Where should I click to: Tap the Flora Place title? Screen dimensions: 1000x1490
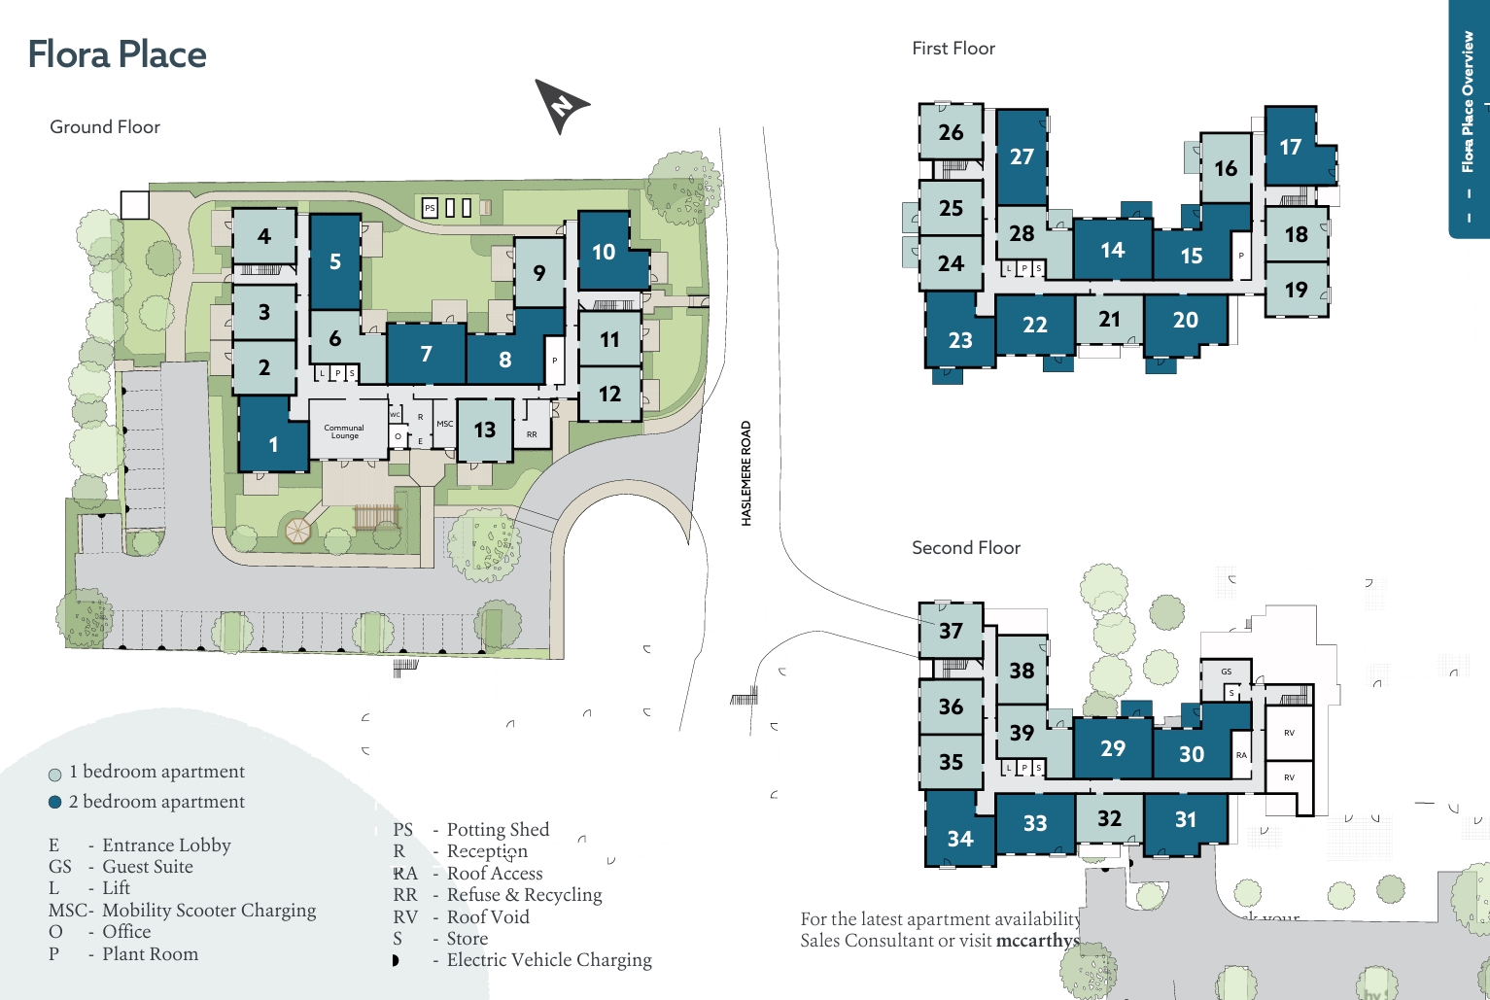pyautogui.click(x=117, y=54)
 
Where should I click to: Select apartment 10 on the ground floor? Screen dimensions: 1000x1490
pyautogui.click(x=604, y=252)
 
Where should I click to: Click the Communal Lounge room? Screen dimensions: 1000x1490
pyautogui.click(x=344, y=431)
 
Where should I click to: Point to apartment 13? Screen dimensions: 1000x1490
pyautogui.click(x=484, y=430)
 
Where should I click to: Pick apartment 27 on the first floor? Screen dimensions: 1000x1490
pyautogui.click(x=1022, y=156)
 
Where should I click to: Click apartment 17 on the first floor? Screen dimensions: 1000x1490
pyautogui.click(x=1290, y=147)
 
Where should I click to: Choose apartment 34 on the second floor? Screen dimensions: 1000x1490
pyautogui.click(x=959, y=838)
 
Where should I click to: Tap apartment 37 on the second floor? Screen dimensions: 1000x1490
pyautogui.click(x=951, y=631)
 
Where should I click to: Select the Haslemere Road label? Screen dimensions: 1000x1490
pyautogui.click(x=746, y=473)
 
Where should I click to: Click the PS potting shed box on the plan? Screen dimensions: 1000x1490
pyautogui.click(x=430, y=208)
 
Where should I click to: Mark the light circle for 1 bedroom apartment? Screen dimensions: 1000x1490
pyautogui.click(x=55, y=775)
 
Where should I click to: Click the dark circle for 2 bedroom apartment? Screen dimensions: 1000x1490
pyautogui.click(x=55, y=803)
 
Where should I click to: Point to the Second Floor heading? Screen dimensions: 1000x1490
pyautogui.click(x=965, y=548)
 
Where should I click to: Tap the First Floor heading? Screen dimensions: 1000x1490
pyautogui.click(x=953, y=49)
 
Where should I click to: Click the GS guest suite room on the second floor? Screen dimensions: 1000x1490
pyautogui.click(x=1226, y=672)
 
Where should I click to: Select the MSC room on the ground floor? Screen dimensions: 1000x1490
pyautogui.click(x=444, y=424)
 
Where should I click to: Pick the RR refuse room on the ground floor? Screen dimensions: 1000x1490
pyautogui.click(x=532, y=433)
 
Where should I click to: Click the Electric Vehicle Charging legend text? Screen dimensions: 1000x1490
pyautogui.click(x=548, y=960)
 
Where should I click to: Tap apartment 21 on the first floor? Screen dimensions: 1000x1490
pyautogui.click(x=1109, y=320)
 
